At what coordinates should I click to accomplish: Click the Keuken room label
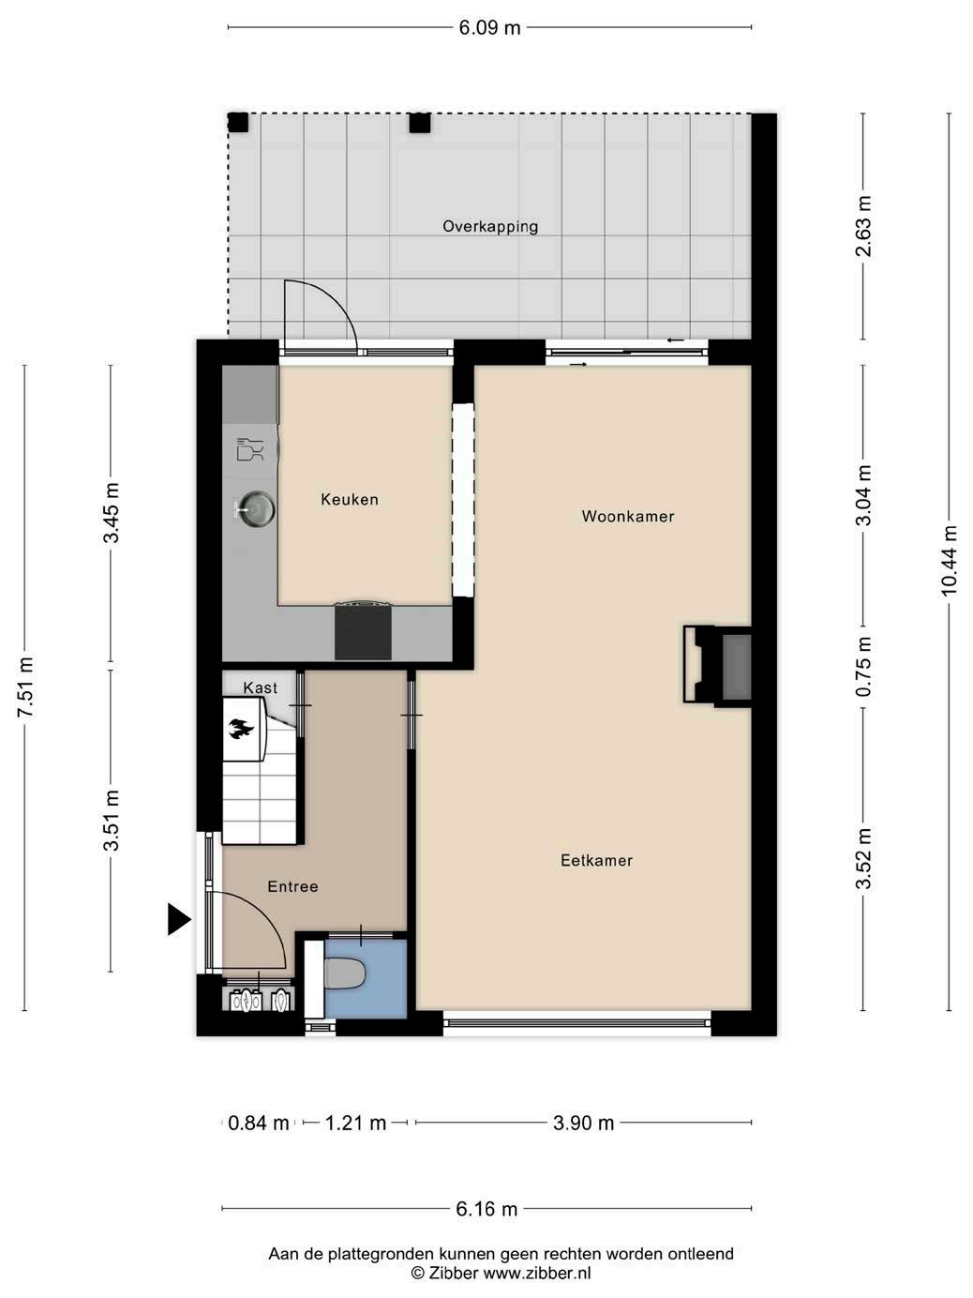pyautogui.click(x=349, y=499)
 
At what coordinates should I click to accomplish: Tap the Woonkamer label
pyautogui.click(x=627, y=516)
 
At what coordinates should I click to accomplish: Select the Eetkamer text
pyautogui.click(x=596, y=860)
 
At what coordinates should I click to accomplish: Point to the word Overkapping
pyautogui.click(x=490, y=226)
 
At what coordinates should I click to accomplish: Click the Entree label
pyautogui.click(x=292, y=886)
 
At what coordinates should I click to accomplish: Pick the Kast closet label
pyautogui.click(x=260, y=687)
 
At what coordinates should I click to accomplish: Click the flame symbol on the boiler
pyautogui.click(x=241, y=729)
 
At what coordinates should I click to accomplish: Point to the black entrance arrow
pyautogui.click(x=179, y=919)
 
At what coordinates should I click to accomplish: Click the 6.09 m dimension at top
pyautogui.click(x=489, y=28)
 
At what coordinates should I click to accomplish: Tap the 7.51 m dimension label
pyautogui.click(x=25, y=687)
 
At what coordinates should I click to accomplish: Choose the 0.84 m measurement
pyautogui.click(x=258, y=1123)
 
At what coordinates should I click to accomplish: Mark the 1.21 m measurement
pyautogui.click(x=355, y=1123)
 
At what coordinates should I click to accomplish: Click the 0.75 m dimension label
pyautogui.click(x=863, y=666)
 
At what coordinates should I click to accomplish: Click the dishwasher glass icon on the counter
pyautogui.click(x=250, y=449)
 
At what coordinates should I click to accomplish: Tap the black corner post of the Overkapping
pyautogui.click(x=238, y=122)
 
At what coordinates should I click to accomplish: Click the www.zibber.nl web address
pyautogui.click(x=537, y=1273)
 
